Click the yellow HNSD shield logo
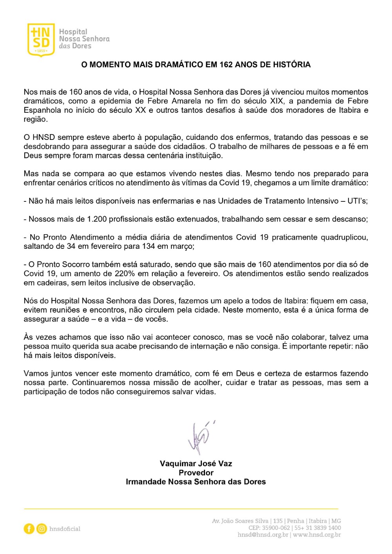click(x=40, y=39)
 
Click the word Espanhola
click(x=42, y=110)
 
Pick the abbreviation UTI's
click(x=357, y=201)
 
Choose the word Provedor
click(x=196, y=473)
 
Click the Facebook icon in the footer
click(x=29, y=529)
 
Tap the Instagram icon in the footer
click(x=42, y=529)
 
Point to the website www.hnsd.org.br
click(x=317, y=535)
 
